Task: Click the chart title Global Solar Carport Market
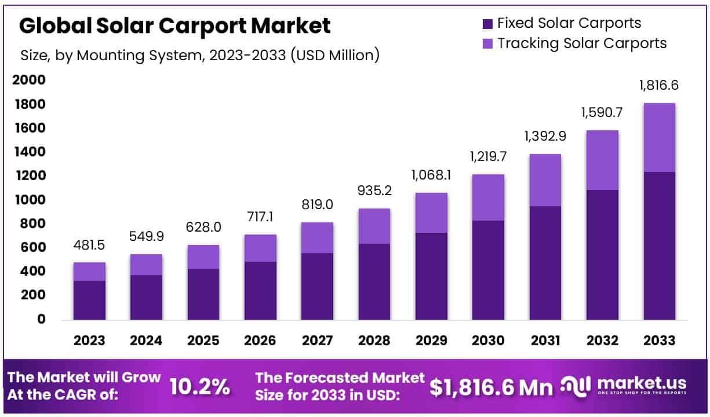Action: tap(175, 26)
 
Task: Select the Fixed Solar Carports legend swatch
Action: tap(487, 24)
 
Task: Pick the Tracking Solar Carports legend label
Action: tap(582, 43)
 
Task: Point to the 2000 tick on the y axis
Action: tap(28, 81)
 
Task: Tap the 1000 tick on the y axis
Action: tap(28, 200)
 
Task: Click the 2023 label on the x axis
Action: tap(89, 341)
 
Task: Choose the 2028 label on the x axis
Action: tap(374, 341)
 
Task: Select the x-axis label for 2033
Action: tap(659, 341)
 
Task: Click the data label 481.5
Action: tap(89, 246)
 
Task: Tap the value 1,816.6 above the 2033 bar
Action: tap(659, 86)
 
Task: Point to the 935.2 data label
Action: tap(374, 191)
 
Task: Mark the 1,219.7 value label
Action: tap(487, 156)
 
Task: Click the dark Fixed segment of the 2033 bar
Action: tap(659, 246)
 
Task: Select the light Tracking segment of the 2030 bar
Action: tap(487, 197)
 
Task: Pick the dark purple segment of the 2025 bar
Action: tap(203, 294)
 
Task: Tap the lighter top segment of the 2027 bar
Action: tap(318, 237)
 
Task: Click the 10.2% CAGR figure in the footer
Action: tap(200, 387)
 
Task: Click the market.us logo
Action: tap(624, 386)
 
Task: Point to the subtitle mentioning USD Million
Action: tap(200, 55)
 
